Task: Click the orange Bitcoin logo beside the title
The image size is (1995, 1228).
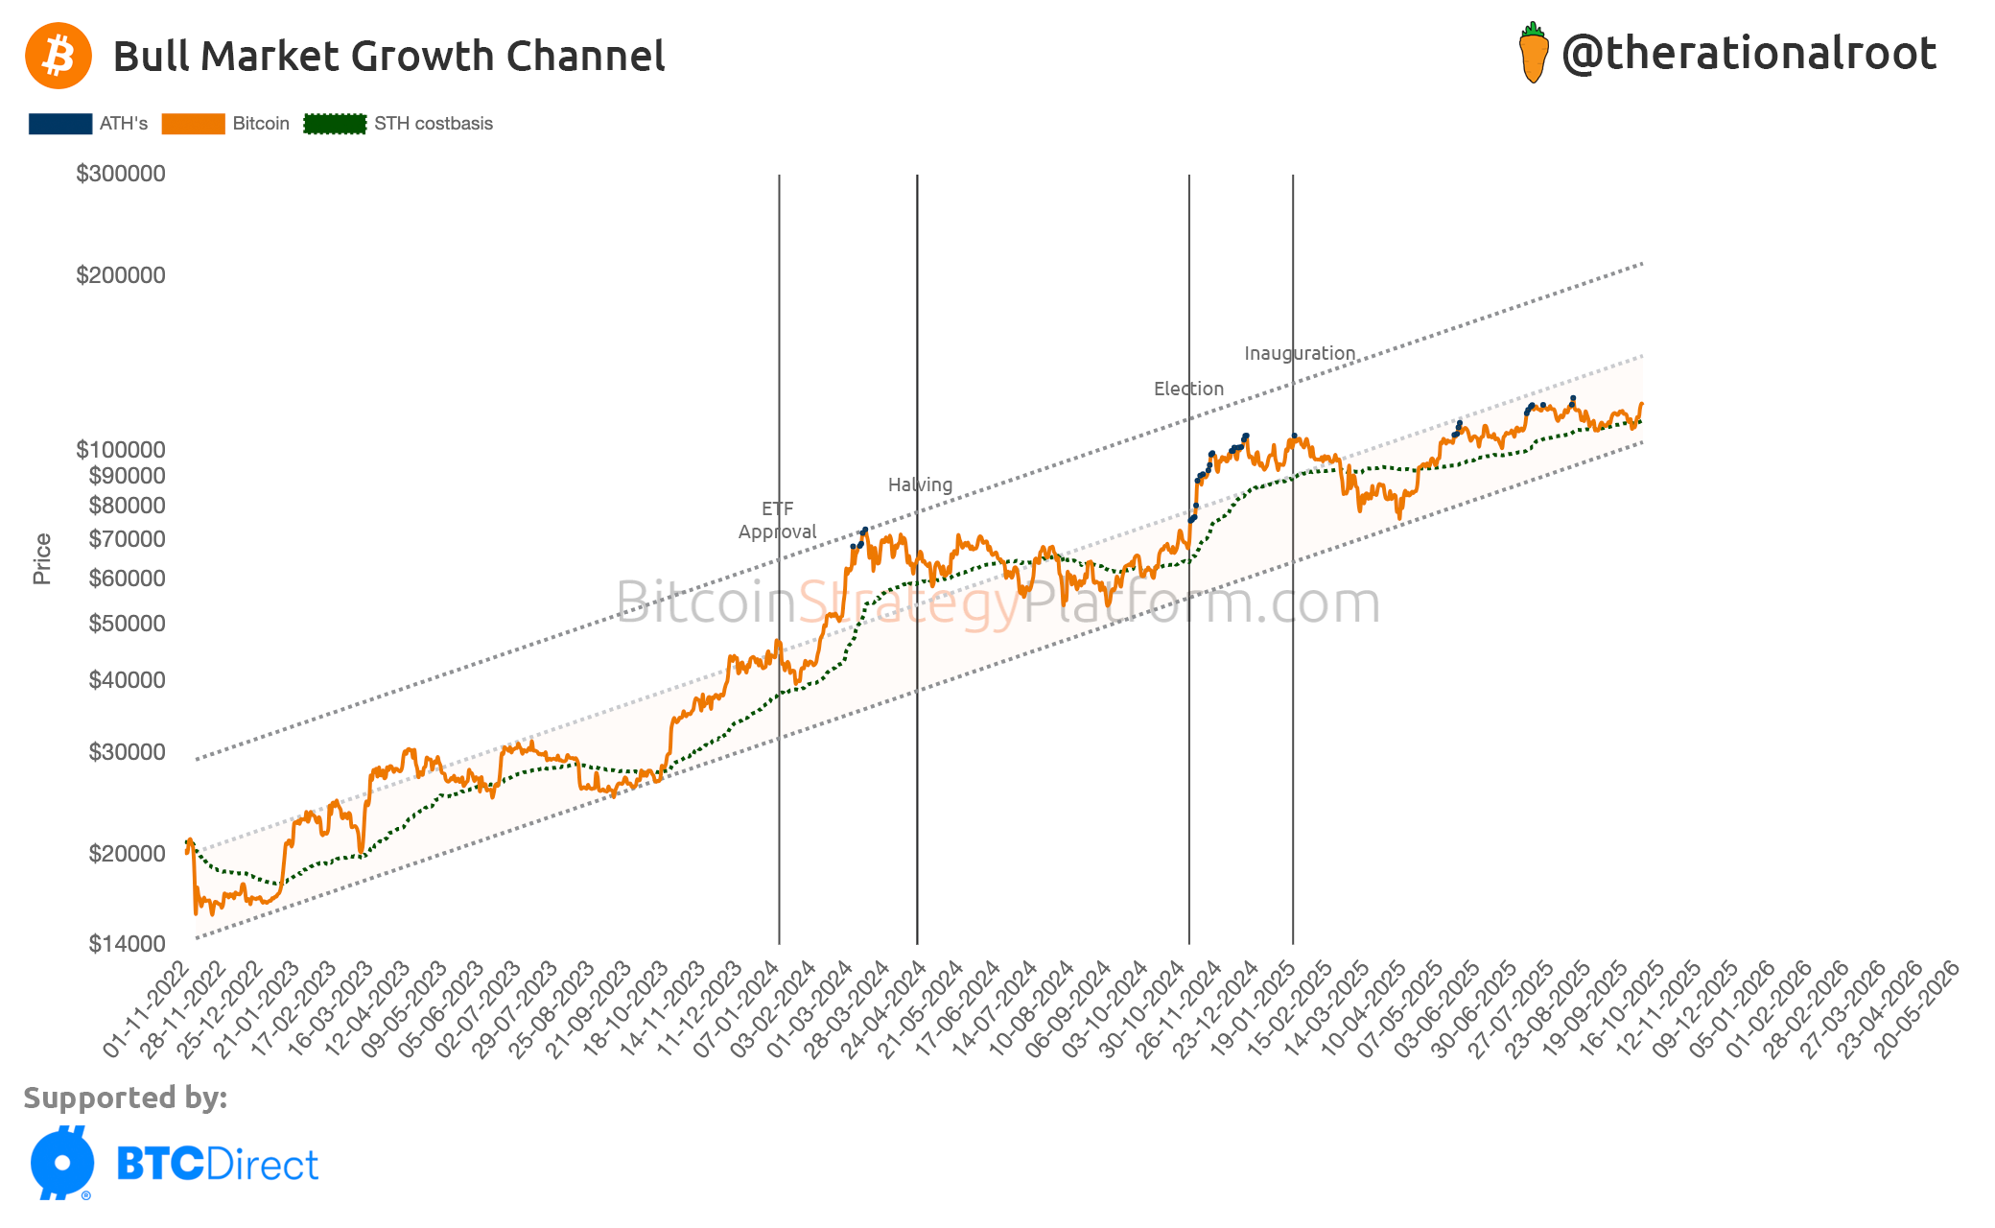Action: [x=59, y=56]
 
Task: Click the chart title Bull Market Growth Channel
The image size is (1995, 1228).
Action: [x=388, y=57]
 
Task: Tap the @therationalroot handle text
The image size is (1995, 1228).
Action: [x=1749, y=54]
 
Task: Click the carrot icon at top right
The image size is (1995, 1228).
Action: [x=1533, y=54]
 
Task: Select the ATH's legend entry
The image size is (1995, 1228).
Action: [x=88, y=124]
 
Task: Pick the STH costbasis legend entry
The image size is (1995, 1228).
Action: [x=398, y=124]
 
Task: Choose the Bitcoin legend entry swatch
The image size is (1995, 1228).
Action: [x=193, y=124]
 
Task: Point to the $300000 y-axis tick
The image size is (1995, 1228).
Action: [x=121, y=174]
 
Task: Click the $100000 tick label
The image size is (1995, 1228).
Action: [x=121, y=450]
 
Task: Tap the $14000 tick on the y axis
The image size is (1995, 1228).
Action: [x=127, y=944]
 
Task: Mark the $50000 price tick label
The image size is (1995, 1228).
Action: [x=127, y=624]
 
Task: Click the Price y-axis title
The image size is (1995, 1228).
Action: [x=42, y=558]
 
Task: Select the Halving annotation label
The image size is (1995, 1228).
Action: [x=920, y=484]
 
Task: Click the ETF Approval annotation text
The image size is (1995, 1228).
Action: [x=777, y=520]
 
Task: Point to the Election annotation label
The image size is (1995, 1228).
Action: [x=1188, y=389]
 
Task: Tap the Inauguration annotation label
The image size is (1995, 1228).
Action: [x=1300, y=353]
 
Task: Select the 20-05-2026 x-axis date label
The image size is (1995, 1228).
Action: [x=1917, y=1009]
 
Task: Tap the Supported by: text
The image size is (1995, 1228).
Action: [x=126, y=1098]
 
